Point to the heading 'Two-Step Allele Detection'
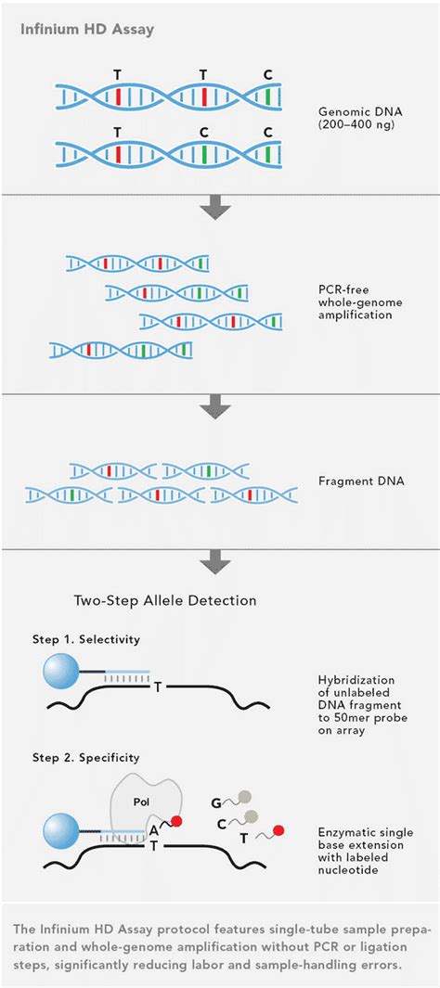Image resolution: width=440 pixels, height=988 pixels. pyautogui.click(x=164, y=600)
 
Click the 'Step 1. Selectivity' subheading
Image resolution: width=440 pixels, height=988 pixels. pyautogui.click(x=95, y=639)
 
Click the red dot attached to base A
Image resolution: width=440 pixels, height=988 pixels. pyautogui.click(x=175, y=821)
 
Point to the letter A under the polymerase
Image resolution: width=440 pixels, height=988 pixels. pyautogui.click(x=153, y=829)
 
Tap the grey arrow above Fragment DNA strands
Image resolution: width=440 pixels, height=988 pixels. pyautogui.click(x=219, y=406)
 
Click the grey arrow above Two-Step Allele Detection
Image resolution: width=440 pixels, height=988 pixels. pyautogui.click(x=219, y=560)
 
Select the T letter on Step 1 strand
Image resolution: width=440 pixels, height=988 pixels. pyautogui.click(x=159, y=686)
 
